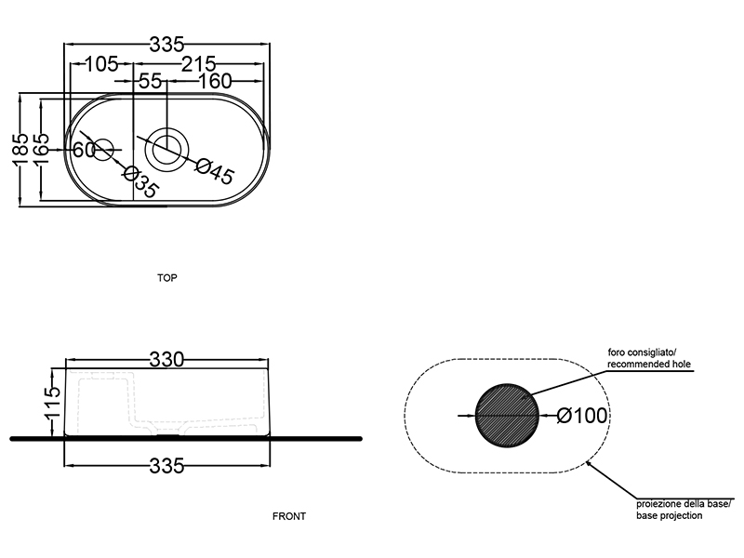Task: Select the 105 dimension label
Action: click(x=100, y=64)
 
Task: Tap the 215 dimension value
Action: click(x=197, y=64)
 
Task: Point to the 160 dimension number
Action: click(x=213, y=81)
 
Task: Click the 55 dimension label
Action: click(x=150, y=81)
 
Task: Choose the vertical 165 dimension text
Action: click(x=40, y=149)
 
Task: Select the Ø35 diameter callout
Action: click(x=140, y=180)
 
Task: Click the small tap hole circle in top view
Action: click(x=103, y=148)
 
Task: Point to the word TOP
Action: click(x=167, y=278)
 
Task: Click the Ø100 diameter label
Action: click(x=582, y=416)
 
